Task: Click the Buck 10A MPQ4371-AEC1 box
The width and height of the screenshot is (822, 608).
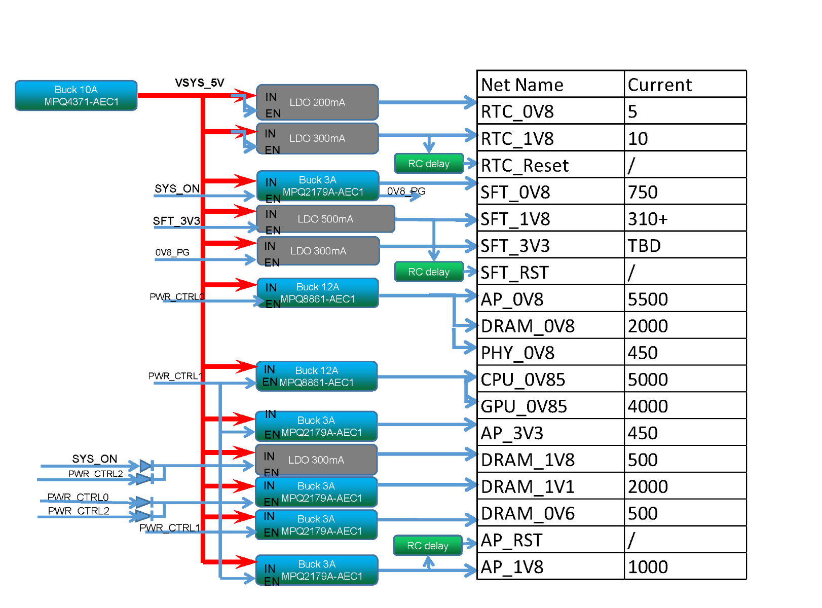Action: click(x=76, y=95)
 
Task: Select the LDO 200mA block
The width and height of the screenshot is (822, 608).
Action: click(x=317, y=102)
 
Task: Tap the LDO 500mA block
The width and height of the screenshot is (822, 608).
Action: click(x=325, y=219)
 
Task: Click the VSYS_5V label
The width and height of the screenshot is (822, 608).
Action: click(x=199, y=83)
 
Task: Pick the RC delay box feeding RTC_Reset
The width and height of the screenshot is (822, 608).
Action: click(x=429, y=164)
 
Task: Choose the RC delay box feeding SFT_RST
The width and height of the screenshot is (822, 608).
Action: click(x=429, y=272)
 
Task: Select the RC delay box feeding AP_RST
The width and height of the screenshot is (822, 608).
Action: click(x=428, y=546)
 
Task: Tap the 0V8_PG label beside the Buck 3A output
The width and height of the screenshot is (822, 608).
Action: click(x=406, y=191)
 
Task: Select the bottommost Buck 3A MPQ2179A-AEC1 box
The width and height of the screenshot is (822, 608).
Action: click(x=317, y=570)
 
